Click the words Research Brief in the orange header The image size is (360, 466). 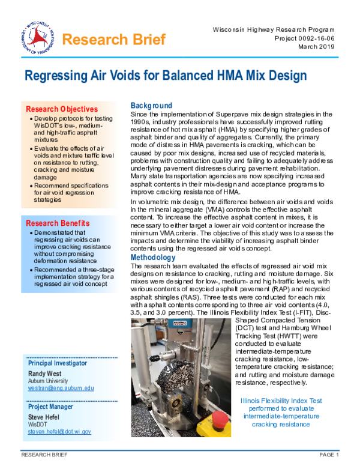click(113, 40)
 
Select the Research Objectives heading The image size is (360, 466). click(61, 109)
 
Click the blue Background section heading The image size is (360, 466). click(151, 106)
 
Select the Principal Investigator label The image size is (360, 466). click(58, 363)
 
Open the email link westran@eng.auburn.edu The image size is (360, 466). click(61, 388)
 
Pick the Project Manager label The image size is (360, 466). click(51, 406)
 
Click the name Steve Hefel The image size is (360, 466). click(44, 416)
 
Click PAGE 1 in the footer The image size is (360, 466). click(329, 456)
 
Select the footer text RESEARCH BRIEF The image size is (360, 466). click(42, 456)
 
